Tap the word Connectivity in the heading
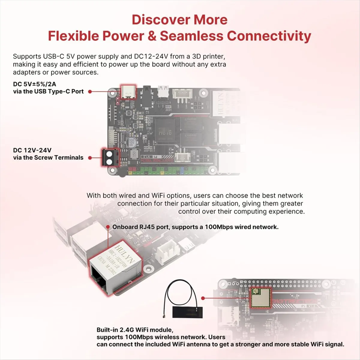click(269, 36)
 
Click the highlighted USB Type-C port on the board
click(128, 91)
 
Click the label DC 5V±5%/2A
click(34, 84)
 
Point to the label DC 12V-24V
click(32, 150)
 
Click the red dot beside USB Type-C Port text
click(90, 91)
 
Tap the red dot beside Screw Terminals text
click(90, 157)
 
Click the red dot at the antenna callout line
click(203, 298)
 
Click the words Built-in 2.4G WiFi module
click(135, 330)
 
